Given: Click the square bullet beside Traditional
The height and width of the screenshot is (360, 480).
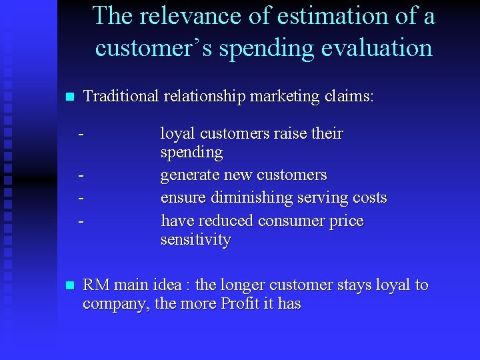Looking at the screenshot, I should point(67,97).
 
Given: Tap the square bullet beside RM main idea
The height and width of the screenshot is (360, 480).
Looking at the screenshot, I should point(67,286).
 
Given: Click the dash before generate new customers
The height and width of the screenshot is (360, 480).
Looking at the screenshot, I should point(81,175).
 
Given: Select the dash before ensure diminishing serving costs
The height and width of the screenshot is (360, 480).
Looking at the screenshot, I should point(81,198).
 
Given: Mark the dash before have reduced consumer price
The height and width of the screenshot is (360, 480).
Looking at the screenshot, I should point(81,221).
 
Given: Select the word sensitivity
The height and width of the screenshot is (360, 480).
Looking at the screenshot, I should point(195,239).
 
